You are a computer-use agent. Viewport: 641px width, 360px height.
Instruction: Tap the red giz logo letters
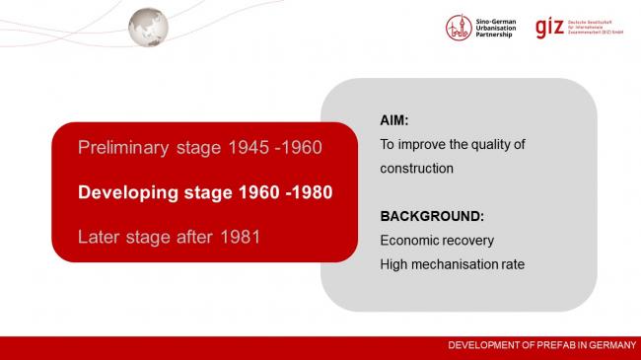[550, 27]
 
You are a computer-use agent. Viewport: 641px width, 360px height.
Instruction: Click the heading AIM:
[394, 120]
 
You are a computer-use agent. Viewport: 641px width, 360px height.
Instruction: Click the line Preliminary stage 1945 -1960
[199, 148]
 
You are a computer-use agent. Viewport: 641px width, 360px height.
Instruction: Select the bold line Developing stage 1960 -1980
[205, 192]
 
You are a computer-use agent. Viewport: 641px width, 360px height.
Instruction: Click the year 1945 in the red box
[248, 148]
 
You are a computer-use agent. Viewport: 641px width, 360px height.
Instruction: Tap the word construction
[416, 169]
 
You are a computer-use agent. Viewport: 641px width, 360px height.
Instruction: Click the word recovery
[467, 240]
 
